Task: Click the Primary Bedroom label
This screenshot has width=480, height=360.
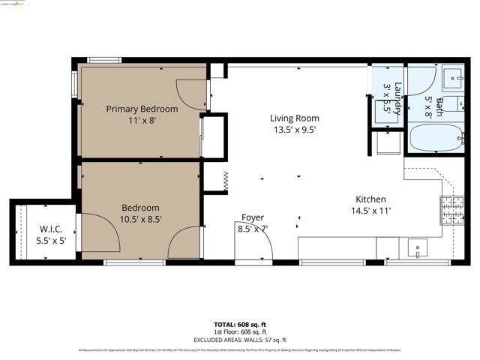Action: (142, 109)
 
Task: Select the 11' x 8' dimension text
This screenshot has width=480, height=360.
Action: (142, 120)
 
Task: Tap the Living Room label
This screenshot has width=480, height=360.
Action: (295, 118)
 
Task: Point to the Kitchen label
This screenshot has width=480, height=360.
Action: (370, 199)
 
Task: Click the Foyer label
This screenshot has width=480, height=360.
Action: (252, 217)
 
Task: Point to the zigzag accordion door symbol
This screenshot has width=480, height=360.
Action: (224, 181)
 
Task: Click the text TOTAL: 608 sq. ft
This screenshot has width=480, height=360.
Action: (240, 324)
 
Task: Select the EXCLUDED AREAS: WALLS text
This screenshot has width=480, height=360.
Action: (240, 338)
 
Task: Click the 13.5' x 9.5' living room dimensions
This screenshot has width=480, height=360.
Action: (295, 129)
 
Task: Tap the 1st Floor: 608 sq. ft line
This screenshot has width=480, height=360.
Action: (240, 331)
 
